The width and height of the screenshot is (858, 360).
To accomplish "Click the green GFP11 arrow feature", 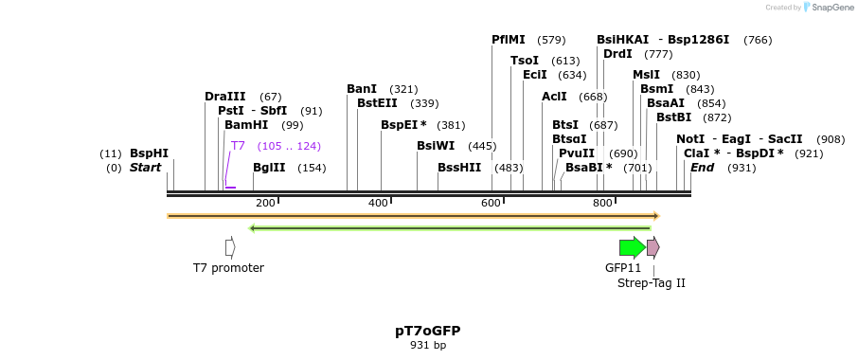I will coord(632,248).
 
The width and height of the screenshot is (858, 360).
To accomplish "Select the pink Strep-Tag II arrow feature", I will coord(653,248).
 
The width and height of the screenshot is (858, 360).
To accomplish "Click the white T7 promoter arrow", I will coord(230,247).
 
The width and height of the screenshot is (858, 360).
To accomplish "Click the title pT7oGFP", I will coord(428,331).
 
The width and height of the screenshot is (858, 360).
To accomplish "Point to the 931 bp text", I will coord(428,346).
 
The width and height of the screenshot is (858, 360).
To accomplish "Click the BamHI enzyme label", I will coord(246,125).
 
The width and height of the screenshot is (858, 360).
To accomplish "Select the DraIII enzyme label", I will coord(225,97).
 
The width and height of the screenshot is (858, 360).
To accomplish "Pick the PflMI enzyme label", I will coord(509,40).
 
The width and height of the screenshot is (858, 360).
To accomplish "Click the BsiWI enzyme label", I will coord(437,146).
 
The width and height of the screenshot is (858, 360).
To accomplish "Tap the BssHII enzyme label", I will coord(459,168).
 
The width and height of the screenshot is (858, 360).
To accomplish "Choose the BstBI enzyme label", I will coord(674,117).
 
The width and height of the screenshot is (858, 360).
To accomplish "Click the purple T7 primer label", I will coord(239,146).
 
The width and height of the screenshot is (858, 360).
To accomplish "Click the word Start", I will coord(146,168).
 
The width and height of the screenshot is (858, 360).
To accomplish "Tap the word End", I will coord(702,168).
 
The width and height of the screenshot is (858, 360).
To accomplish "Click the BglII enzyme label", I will coord(269,168).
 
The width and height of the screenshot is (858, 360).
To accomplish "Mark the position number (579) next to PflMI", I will coord(551,40).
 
